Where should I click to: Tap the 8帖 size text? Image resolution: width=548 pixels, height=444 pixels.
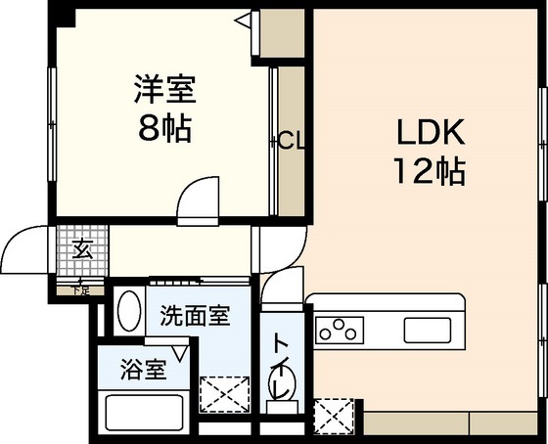coord(164,127)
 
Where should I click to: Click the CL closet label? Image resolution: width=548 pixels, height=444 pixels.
coord(291,141)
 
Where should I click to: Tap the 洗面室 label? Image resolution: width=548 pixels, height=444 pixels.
coord(196,317)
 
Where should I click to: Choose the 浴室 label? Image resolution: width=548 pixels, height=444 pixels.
coord(143,370)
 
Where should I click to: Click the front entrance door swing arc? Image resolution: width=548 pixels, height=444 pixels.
coord(22,246)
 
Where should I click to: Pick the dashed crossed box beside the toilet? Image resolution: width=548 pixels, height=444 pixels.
coord(332,414)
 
